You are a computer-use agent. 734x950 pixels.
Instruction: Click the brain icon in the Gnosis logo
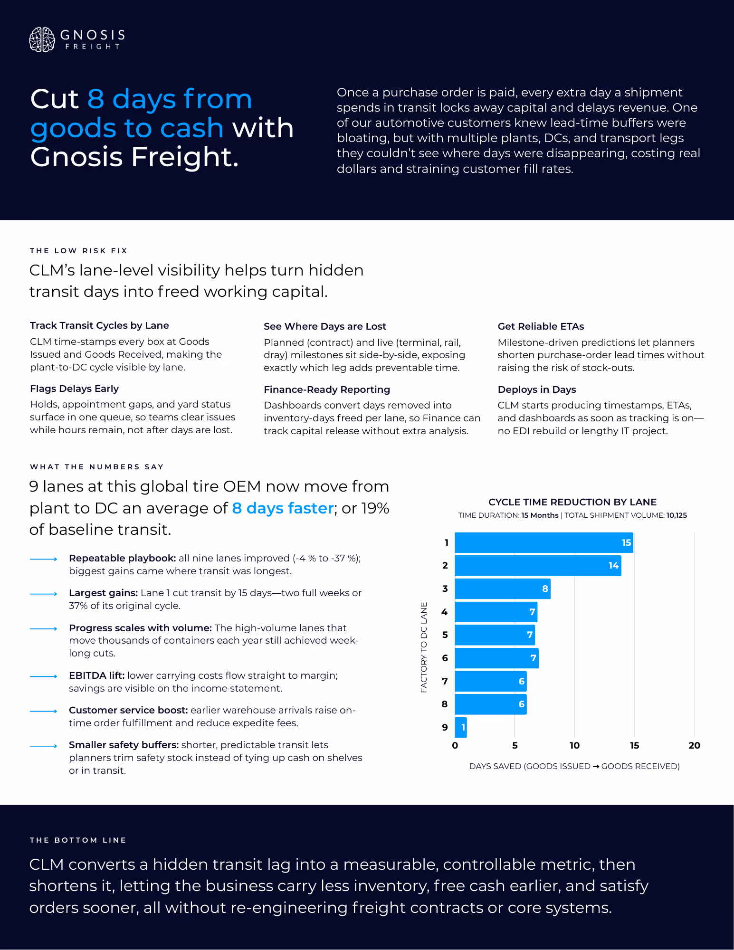click(x=42, y=39)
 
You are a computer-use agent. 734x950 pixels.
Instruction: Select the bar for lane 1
click(x=543, y=542)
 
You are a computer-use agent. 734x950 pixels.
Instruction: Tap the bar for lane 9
click(x=460, y=727)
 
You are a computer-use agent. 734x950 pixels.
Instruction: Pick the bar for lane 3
click(x=502, y=589)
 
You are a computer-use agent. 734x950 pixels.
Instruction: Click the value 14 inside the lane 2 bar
click(x=613, y=565)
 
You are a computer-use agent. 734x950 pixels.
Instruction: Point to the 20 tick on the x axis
click(x=694, y=745)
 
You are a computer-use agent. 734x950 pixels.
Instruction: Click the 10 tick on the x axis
click(x=574, y=745)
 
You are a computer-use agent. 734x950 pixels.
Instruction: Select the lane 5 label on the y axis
click(x=445, y=635)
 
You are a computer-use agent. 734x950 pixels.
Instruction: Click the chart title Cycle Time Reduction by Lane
click(x=572, y=502)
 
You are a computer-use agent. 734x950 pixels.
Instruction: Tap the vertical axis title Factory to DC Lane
click(x=424, y=647)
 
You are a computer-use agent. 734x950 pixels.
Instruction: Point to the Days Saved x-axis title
click(x=574, y=766)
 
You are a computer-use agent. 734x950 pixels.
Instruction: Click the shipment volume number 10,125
click(x=677, y=515)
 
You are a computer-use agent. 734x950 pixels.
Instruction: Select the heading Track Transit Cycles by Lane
click(x=99, y=325)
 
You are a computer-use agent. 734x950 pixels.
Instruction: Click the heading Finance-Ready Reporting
click(x=327, y=389)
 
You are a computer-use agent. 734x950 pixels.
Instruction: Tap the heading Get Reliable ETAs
click(x=541, y=326)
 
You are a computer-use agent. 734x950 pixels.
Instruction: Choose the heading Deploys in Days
click(x=537, y=389)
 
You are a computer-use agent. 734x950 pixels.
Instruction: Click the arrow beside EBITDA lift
click(x=44, y=676)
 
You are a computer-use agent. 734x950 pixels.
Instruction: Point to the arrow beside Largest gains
click(x=44, y=594)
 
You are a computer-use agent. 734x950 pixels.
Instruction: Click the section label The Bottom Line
click(x=78, y=840)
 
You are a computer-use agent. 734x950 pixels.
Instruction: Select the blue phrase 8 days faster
click(x=283, y=508)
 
